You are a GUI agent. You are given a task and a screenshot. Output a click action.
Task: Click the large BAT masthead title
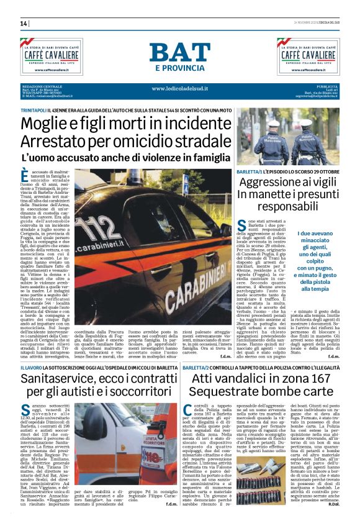tap(179, 53)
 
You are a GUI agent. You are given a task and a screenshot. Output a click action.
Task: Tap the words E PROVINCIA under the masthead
tap(180, 68)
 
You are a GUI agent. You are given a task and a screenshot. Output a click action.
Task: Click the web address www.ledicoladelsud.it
tap(180, 89)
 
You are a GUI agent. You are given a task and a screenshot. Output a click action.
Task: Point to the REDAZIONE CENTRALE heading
tap(42, 86)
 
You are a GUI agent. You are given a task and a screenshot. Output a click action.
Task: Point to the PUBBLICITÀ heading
tap(325, 86)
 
